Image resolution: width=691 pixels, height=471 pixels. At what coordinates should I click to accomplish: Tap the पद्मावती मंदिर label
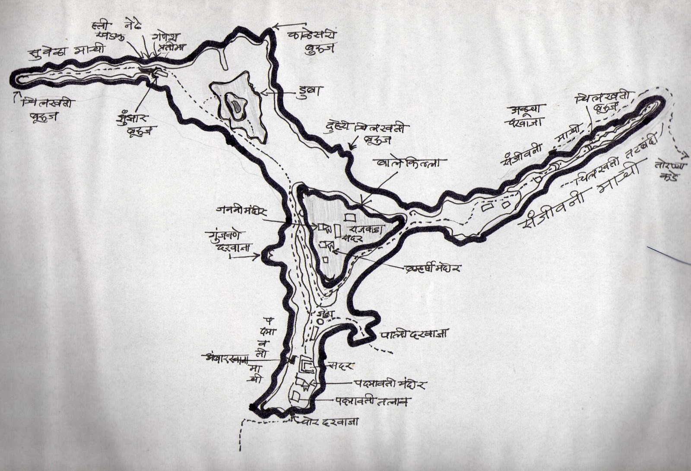[x=390, y=383]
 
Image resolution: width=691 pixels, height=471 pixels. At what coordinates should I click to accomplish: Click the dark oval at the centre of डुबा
[x=236, y=105]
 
